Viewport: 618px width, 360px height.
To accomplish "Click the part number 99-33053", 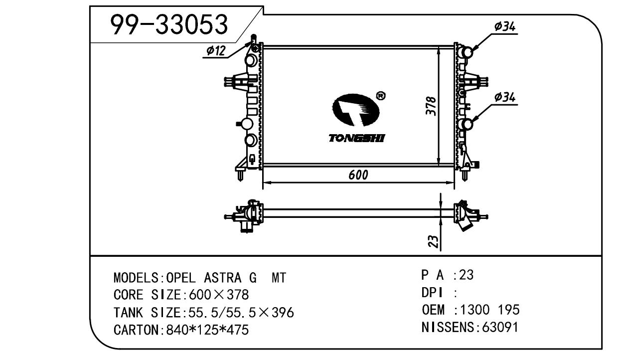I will pos(169,24).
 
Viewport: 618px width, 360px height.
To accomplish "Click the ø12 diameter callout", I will pos(216,50).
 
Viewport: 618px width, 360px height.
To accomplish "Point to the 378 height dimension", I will pos(432,106).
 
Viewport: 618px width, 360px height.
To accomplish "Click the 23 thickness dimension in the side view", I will pos(434,242).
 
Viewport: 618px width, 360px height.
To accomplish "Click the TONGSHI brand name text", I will pos(356,138).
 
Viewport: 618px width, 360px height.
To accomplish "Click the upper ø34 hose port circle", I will pos(466,52).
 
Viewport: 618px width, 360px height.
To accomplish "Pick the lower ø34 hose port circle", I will pos(466,124).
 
